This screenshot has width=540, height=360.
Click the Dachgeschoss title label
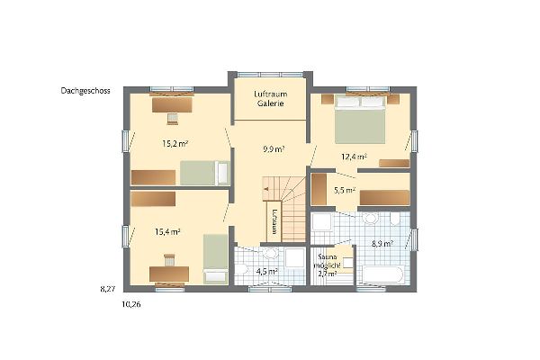(x=85, y=91)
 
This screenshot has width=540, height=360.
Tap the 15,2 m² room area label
(x=175, y=143)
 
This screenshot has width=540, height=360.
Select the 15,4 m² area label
(x=167, y=232)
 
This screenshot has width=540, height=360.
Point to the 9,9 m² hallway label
(x=274, y=149)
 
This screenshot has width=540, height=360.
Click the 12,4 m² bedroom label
(x=354, y=157)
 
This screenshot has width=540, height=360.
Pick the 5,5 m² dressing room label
(x=345, y=190)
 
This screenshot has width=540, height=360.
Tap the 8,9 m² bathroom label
(x=382, y=244)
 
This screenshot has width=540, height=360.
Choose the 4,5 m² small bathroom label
(x=267, y=271)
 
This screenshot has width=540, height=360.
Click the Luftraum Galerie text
(x=271, y=98)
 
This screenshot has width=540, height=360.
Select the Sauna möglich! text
(x=328, y=262)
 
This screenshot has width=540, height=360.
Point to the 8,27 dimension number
(x=108, y=290)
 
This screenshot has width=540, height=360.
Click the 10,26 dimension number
(x=131, y=304)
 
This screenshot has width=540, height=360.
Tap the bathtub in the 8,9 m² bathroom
(x=382, y=274)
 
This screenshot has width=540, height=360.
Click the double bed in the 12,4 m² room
(x=360, y=119)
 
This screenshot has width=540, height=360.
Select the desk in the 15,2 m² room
(x=172, y=104)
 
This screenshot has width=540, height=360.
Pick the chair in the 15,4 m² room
(x=169, y=259)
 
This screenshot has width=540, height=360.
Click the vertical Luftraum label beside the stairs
(x=274, y=221)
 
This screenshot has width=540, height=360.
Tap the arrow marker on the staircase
(x=265, y=189)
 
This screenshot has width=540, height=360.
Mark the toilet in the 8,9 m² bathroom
(x=395, y=218)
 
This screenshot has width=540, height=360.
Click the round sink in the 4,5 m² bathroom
(x=270, y=253)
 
